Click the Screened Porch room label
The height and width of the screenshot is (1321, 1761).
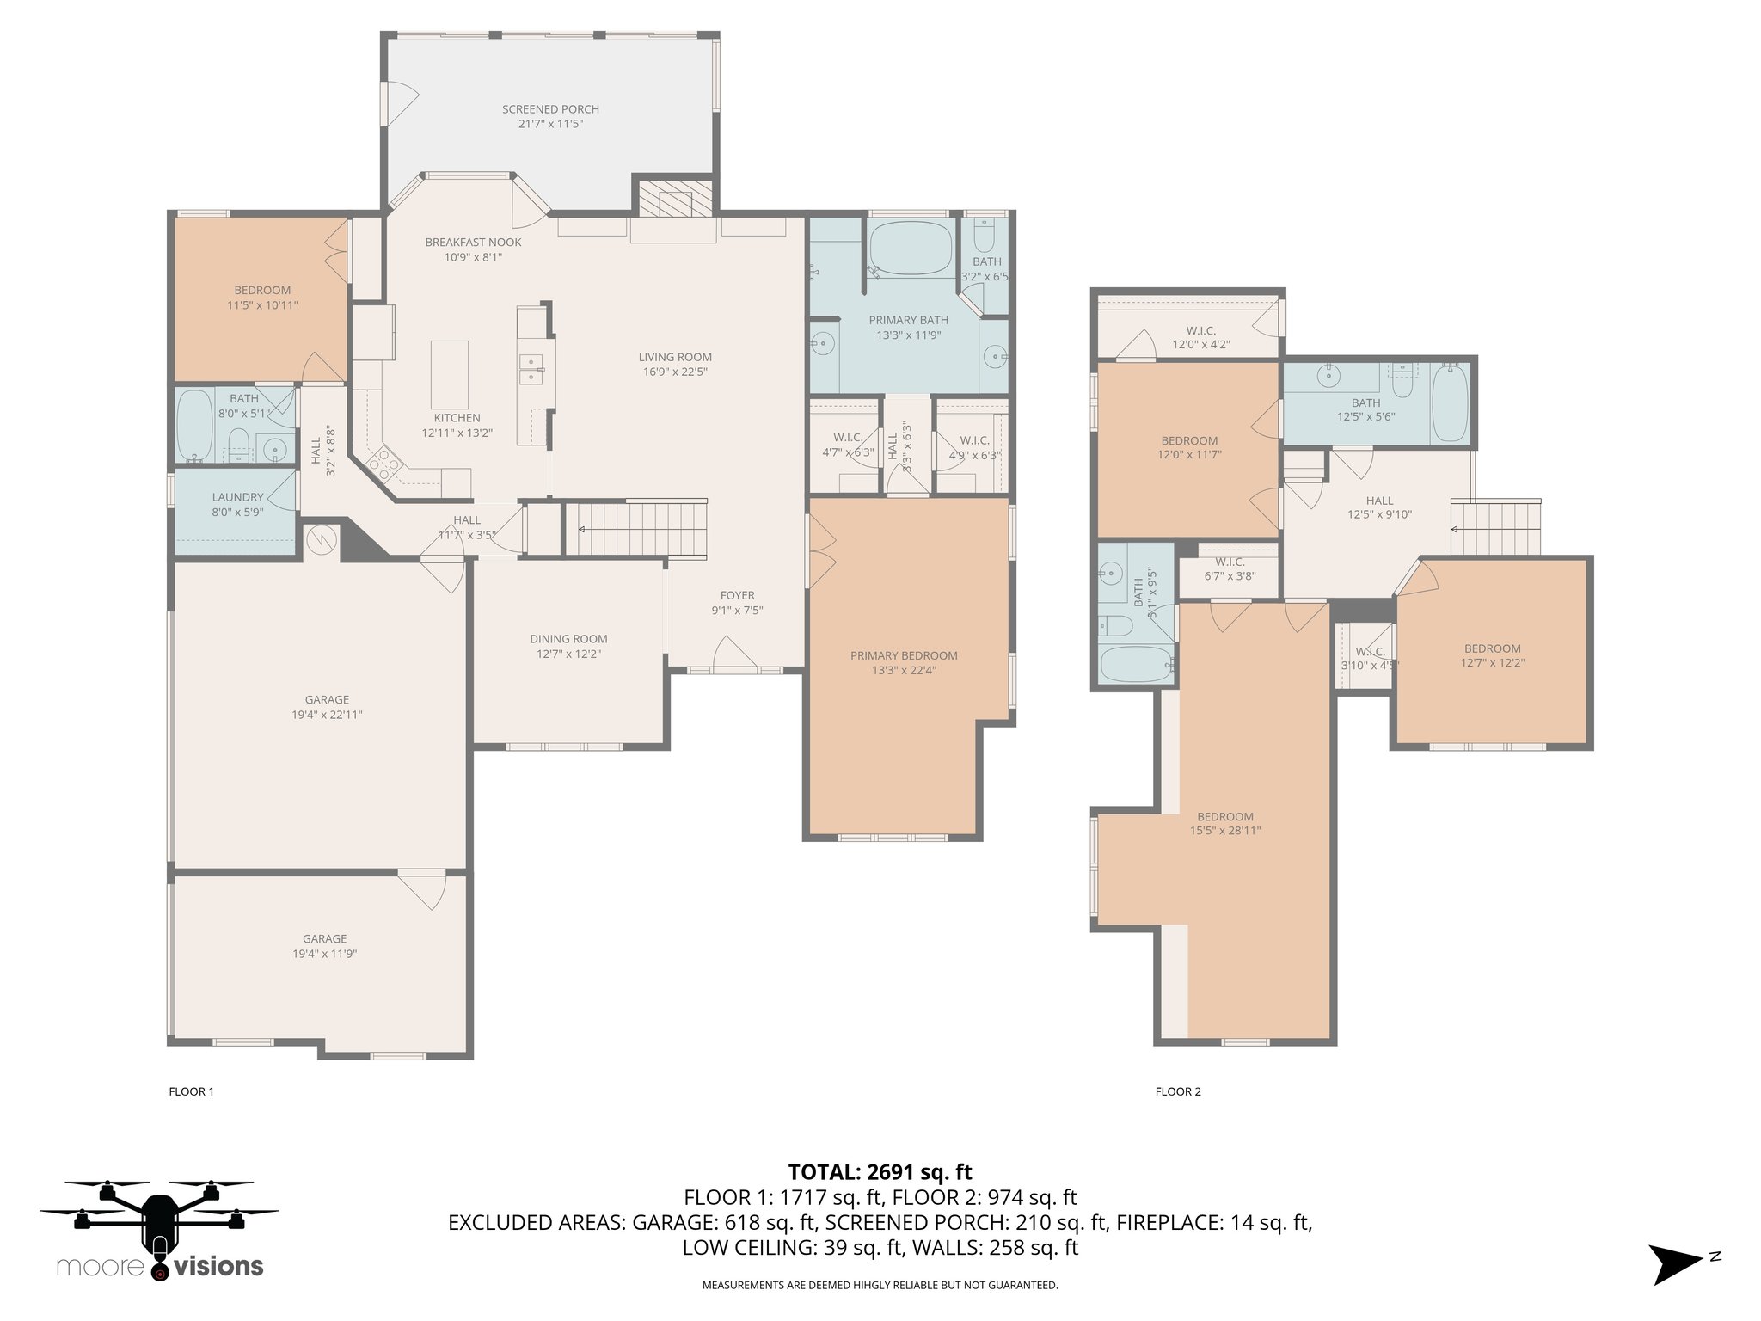pos(550,109)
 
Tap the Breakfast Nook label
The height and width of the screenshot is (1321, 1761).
pos(473,243)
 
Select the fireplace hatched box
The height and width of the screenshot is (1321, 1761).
pos(675,197)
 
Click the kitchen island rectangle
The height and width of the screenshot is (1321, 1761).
pos(450,374)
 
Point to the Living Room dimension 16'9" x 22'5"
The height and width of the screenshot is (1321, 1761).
pos(675,372)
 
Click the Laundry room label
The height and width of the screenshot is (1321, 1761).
pos(237,497)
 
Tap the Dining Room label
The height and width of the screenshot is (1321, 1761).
pos(568,639)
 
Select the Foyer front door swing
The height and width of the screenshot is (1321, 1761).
pos(736,653)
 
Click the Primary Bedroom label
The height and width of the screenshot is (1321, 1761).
pos(904,655)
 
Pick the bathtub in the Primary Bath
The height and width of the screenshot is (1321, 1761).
pos(909,248)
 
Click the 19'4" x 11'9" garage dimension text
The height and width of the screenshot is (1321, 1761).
pos(324,954)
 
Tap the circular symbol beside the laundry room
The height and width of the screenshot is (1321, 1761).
pos(319,539)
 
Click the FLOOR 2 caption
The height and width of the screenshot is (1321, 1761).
pos(1178,1091)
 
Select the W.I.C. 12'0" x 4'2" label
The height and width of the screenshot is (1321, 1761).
pos(1200,337)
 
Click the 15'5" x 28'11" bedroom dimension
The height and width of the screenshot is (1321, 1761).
pos(1225,831)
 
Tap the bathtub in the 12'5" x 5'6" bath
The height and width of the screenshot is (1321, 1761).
pos(1451,402)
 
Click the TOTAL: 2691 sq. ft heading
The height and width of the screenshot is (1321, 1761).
pos(880,1171)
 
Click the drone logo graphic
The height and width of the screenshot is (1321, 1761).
pos(159,1220)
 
